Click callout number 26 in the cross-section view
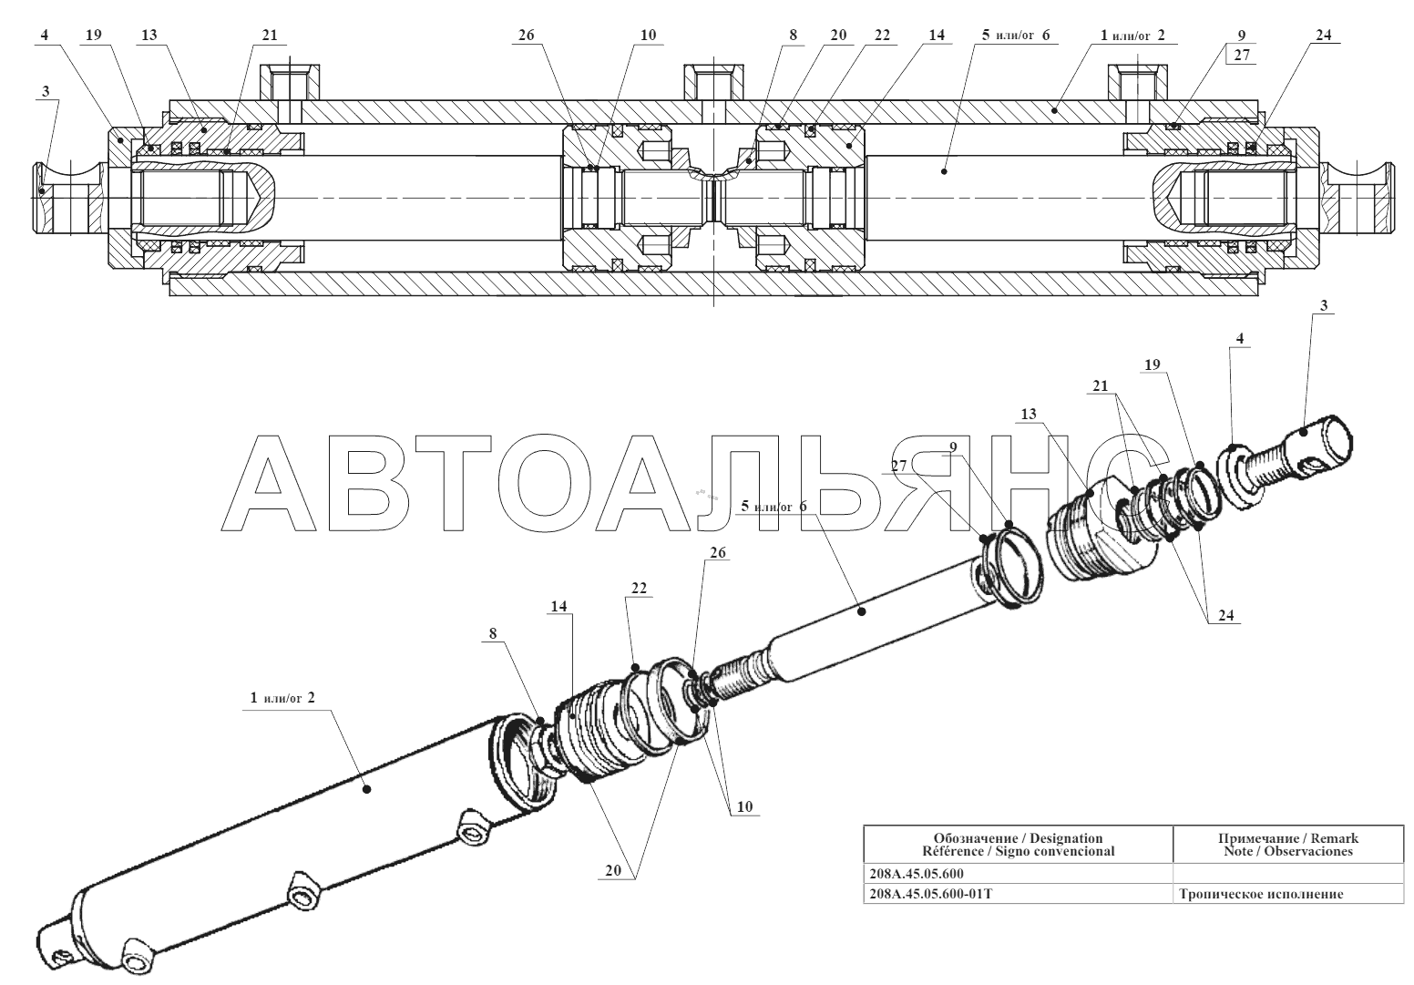pyautogui.click(x=526, y=36)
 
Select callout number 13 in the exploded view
pyautogui.click(x=1029, y=415)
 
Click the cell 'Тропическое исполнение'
pyautogui.click(x=1261, y=894)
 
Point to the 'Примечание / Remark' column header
pyautogui.click(x=1287, y=838)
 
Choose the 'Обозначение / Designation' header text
pyautogui.click(x=1018, y=838)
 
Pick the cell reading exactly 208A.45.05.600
pyautogui.click(x=916, y=874)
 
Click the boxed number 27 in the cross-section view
pyautogui.click(x=1242, y=55)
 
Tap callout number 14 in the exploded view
pyautogui.click(x=558, y=607)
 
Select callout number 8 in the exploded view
pyautogui.click(x=493, y=634)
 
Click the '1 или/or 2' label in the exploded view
pyautogui.click(x=282, y=698)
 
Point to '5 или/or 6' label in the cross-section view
pyautogui.click(x=1016, y=36)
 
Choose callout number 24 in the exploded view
pyautogui.click(x=1226, y=615)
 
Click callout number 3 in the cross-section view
pyautogui.click(x=46, y=91)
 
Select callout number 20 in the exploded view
pyautogui.click(x=613, y=871)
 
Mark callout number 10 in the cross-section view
pyautogui.click(x=649, y=36)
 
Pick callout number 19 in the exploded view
pyautogui.click(x=1152, y=365)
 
